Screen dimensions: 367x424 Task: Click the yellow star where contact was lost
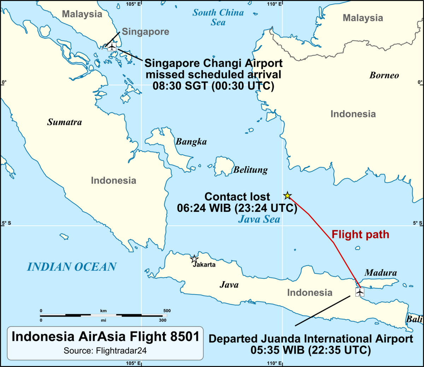pyautogui.click(x=288, y=195)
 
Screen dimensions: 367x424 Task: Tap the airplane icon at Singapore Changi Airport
pyautogui.click(x=112, y=47)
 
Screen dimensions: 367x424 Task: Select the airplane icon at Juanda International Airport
pyautogui.click(x=360, y=292)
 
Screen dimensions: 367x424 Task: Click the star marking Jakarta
pyautogui.click(x=194, y=259)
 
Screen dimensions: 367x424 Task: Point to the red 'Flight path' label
pyautogui.click(x=360, y=235)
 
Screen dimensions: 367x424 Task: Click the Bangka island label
pyautogui.click(x=191, y=142)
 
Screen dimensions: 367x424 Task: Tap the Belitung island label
pyautogui.click(x=250, y=170)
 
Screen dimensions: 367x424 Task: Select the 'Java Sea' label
pyautogui.click(x=259, y=219)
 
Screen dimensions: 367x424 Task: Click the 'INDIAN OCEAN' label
pyautogui.click(x=72, y=267)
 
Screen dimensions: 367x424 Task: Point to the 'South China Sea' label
pyautogui.click(x=218, y=17)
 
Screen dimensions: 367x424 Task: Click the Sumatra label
pyautogui.click(x=64, y=122)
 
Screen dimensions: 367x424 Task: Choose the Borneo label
pyautogui.click(x=384, y=75)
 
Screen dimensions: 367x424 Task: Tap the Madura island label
pyautogui.click(x=381, y=273)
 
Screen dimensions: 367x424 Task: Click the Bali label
pyautogui.click(x=414, y=319)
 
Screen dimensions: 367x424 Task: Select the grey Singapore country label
pyautogui.click(x=146, y=32)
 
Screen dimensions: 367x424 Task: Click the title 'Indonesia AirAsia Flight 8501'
pyautogui.click(x=105, y=336)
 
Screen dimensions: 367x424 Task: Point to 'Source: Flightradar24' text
pyautogui.click(x=105, y=351)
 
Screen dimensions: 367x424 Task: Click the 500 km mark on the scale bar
pyautogui.click(x=167, y=311)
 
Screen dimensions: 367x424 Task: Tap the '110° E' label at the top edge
pyautogui.click(x=275, y=4)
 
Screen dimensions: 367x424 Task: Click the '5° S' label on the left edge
pyautogui.click(x=6, y=223)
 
